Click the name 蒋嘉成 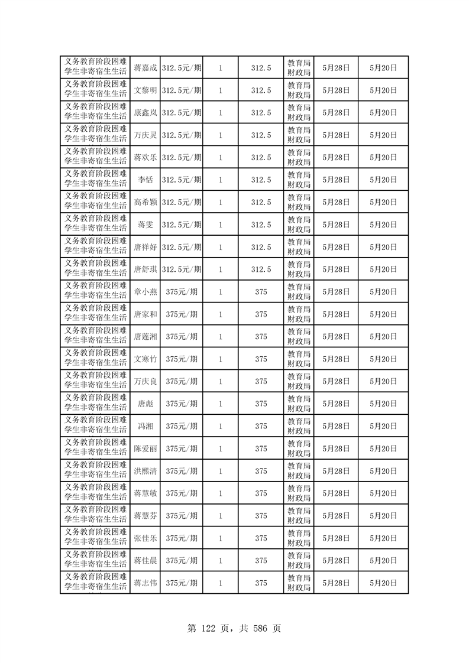145,68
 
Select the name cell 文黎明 145,90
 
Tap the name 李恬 145,180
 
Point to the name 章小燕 145,292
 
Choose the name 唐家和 145,314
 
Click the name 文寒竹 145,359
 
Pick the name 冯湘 145,426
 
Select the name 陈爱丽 145,448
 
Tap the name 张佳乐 145,538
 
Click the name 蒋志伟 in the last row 145,583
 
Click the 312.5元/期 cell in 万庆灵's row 182,135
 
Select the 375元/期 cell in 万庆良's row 182,382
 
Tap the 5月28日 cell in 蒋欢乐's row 336,158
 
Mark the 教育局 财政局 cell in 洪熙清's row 299,471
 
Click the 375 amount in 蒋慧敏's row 261,493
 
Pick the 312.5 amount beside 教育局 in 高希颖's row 261,202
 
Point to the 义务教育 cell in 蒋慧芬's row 95,516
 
